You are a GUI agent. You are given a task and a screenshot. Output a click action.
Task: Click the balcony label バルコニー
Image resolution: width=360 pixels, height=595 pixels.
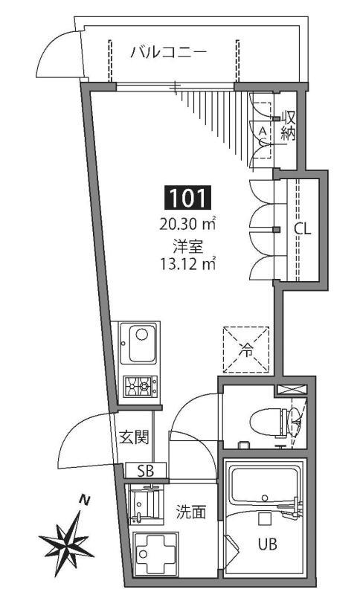coord(167,52)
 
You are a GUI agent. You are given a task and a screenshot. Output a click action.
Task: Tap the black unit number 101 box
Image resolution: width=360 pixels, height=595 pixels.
coord(187,198)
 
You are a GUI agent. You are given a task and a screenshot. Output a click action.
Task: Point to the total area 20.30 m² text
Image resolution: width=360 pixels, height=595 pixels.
coord(187,222)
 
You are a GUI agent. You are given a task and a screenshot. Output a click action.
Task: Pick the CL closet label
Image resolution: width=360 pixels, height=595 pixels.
coord(301,228)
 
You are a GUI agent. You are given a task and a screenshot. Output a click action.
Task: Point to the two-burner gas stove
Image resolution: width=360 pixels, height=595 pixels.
coord(140,386)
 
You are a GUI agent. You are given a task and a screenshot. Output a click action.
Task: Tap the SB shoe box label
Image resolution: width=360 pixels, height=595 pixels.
coord(146,470)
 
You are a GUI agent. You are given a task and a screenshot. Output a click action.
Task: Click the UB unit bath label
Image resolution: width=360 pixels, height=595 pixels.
coord(268,544)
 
